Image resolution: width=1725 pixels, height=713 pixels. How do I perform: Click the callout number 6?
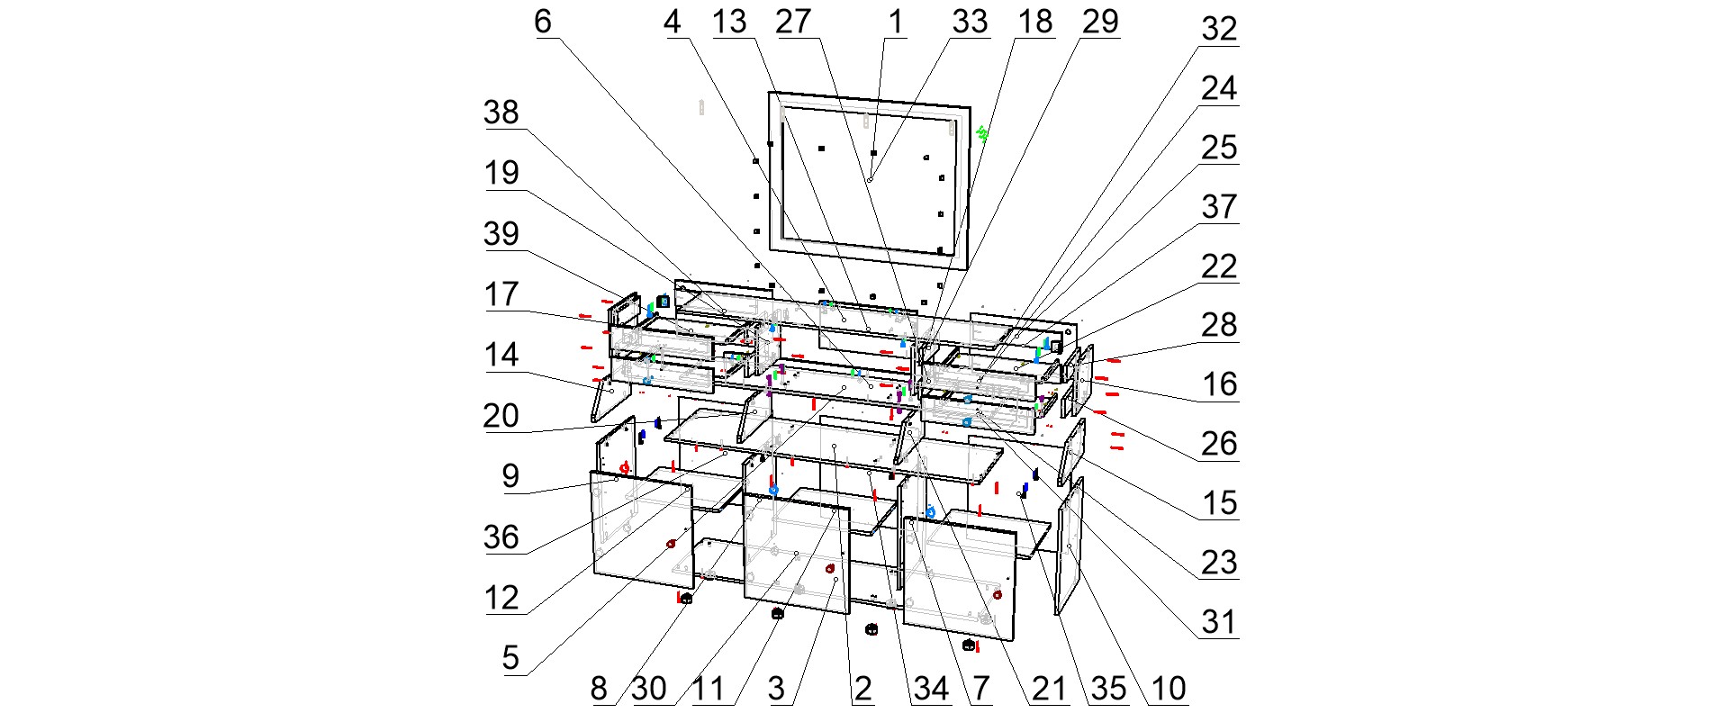coord(542,22)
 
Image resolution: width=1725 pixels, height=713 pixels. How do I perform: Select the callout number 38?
coord(501,113)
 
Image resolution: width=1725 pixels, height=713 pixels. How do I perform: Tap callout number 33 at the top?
coord(970,22)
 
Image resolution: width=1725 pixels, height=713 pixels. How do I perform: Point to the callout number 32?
coord(1219,30)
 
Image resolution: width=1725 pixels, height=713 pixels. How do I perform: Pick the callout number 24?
coord(1219,89)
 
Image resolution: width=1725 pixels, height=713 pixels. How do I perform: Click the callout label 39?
coord(501,234)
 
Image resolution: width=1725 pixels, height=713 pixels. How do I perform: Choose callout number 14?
coord(501,355)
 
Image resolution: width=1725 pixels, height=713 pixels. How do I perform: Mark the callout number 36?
coord(501,537)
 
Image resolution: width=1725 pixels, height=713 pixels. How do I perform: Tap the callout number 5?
coord(510,658)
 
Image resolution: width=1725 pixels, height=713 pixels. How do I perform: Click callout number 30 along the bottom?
coord(648,690)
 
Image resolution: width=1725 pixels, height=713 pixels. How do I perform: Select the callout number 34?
coord(931,690)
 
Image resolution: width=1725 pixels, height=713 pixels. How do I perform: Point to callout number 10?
coord(1169,690)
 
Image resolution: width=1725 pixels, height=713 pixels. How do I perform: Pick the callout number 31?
coord(1219,622)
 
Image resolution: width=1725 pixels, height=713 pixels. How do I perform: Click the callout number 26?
coord(1219,444)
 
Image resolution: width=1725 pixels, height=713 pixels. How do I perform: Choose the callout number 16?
coord(1219,384)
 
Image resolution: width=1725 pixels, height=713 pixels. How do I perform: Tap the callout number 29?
coord(1099,22)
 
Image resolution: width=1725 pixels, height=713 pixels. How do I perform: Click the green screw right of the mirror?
coord(983,134)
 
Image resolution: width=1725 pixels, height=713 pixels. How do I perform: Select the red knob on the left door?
coord(671,544)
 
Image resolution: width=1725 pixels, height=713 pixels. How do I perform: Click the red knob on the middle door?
coord(830,569)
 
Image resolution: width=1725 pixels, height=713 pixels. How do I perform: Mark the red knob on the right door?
coord(997,595)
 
